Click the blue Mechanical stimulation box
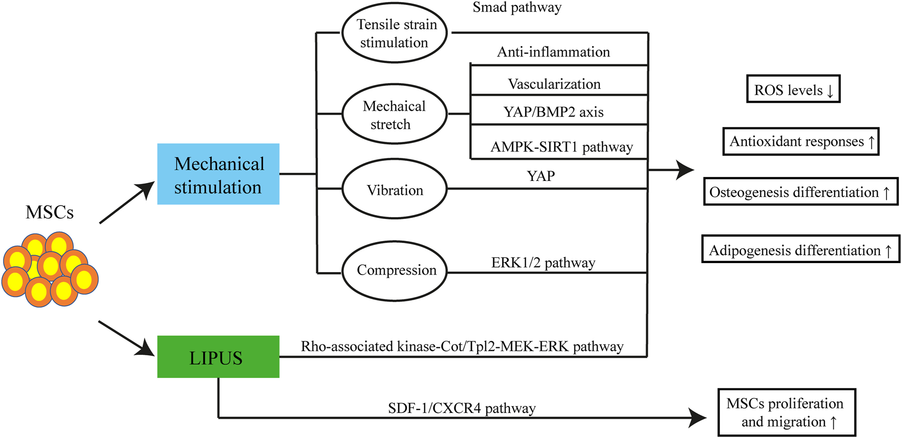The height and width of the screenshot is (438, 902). point(218,174)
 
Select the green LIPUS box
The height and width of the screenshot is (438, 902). point(218,357)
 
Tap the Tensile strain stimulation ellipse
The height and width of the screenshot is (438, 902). point(395,33)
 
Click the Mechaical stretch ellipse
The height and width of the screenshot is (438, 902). point(395,114)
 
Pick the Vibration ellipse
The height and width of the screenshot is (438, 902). point(395,189)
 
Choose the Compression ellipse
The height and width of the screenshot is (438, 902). point(395,271)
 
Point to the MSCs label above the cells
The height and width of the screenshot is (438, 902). point(50,212)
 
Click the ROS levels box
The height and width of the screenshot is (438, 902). point(793,90)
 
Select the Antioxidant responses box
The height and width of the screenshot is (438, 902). point(800,141)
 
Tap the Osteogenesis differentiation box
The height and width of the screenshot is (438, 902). point(800,192)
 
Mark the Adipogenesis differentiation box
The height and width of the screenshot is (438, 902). point(800,250)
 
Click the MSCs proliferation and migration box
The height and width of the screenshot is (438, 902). point(786,412)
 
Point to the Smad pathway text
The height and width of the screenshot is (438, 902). point(517,8)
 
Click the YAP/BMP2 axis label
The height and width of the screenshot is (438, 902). point(553,112)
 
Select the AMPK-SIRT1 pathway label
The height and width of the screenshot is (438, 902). point(561,147)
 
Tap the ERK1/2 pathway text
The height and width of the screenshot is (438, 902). point(543,263)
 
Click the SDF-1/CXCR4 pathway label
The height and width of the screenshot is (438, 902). point(462,408)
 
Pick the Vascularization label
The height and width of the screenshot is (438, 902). point(554,84)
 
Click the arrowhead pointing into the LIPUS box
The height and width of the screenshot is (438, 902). point(146,348)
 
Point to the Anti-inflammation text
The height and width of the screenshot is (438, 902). point(553,52)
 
